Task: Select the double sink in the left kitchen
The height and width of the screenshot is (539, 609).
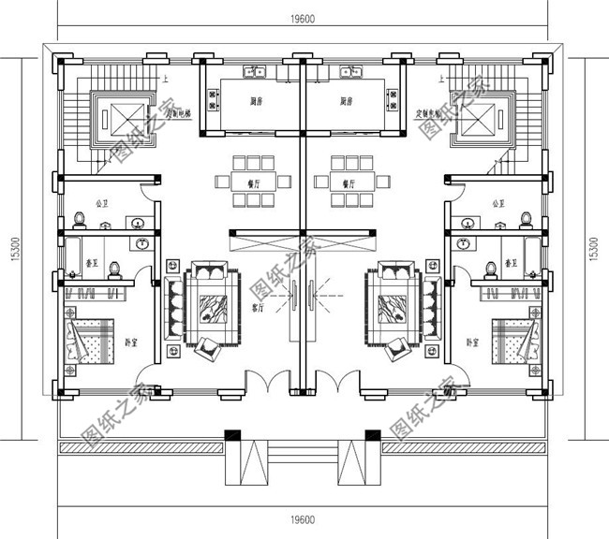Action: point(254,70)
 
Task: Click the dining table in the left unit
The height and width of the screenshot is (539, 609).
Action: point(249,178)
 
